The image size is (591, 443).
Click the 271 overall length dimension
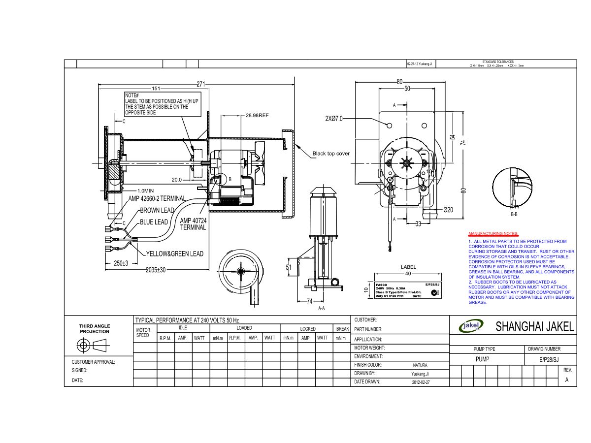[200, 84]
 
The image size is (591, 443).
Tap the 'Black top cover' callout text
[331, 154]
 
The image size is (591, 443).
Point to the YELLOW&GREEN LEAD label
[174, 254]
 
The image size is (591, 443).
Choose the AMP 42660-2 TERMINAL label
[157, 198]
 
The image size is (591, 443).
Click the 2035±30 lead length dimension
[156, 270]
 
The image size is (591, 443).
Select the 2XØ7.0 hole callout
[333, 119]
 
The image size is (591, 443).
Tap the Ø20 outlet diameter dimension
[448, 210]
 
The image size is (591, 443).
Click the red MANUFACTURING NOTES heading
[493, 233]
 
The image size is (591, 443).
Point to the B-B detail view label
[514, 215]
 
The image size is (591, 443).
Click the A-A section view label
[321, 309]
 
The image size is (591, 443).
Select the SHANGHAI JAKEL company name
[534, 326]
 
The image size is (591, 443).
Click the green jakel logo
[471, 325]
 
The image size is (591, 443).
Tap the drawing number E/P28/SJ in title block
[549, 360]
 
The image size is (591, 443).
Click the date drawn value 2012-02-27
[421, 382]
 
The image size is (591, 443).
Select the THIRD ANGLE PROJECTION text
[95, 329]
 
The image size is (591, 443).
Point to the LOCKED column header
[308, 328]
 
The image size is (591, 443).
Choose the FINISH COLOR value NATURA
[420, 365]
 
